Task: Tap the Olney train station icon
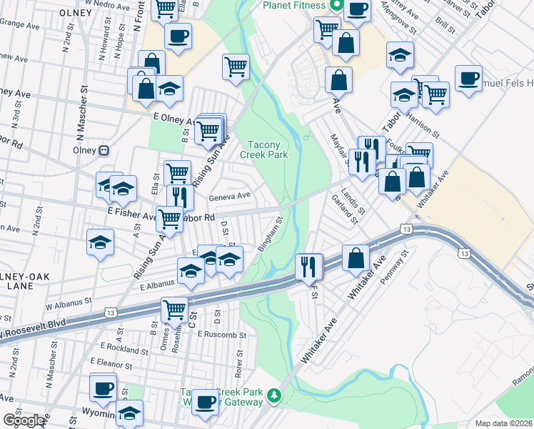104,151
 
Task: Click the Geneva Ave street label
229,196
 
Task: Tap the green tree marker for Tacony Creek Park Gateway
273,395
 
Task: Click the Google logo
23,421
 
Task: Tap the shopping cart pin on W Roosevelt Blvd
173,309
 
